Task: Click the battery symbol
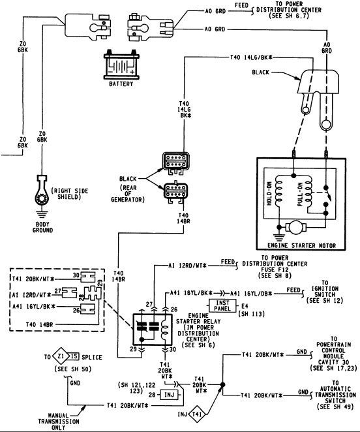[121, 65]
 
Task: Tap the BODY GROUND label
[42, 227]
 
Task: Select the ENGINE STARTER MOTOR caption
[301, 245]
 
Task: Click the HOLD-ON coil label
[269, 193]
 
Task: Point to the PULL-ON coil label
[300, 194]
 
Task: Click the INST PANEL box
[222, 306]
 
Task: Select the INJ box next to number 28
[169, 395]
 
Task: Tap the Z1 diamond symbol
[61, 356]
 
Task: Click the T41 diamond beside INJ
[197, 414]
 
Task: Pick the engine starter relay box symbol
[153, 330]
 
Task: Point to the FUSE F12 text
[275, 270]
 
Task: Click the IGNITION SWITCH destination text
[325, 292]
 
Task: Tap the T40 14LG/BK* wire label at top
[251, 57]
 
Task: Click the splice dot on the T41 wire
[222, 384]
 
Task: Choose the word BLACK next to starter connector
[261, 72]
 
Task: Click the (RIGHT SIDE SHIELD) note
[70, 194]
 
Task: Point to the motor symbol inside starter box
[296, 227]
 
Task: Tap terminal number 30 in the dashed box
[76, 275]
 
